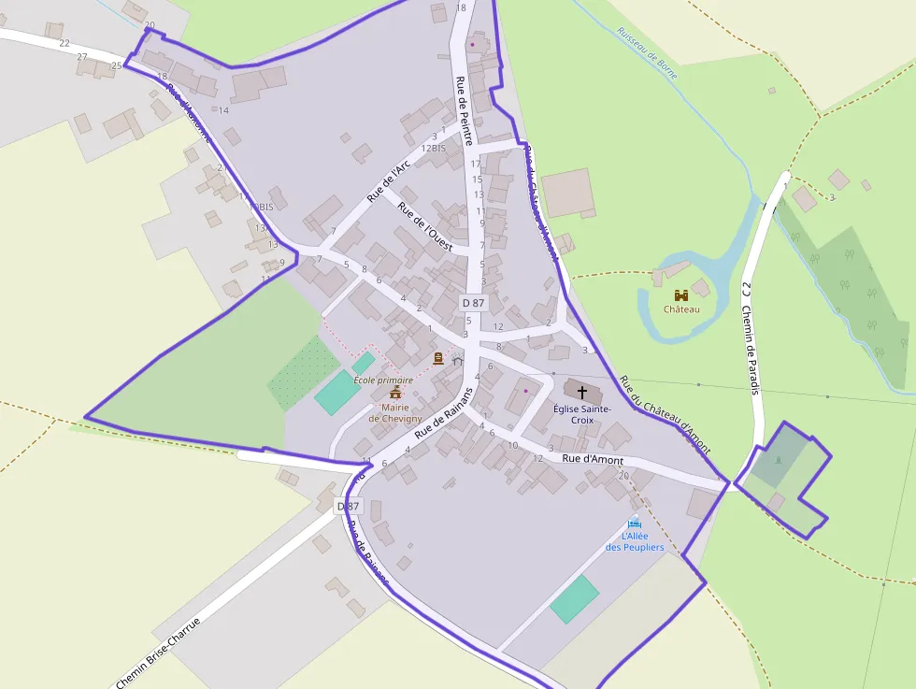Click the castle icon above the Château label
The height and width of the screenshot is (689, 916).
680,294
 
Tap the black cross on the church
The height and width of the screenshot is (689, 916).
582,393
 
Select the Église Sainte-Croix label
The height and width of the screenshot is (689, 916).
581,414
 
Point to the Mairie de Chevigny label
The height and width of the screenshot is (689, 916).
394,412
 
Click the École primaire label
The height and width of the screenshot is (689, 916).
383,380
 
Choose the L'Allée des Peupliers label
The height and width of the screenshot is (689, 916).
635,541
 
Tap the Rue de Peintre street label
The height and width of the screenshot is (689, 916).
464,110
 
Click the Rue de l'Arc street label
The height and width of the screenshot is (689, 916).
388,181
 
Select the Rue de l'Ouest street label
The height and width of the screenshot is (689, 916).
425,227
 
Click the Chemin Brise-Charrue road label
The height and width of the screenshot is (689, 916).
158,652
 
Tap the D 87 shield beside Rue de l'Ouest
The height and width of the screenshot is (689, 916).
473,303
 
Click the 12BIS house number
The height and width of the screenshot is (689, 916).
433,149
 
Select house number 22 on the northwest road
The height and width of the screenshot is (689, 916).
64,43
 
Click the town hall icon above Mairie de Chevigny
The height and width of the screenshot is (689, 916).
394,392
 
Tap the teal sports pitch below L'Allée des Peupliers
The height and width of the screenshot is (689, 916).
574,599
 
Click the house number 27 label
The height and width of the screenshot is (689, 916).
82,57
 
